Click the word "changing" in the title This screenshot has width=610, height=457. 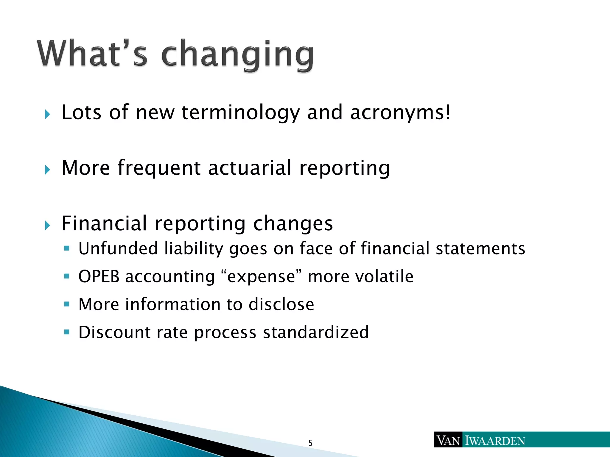point(237,55)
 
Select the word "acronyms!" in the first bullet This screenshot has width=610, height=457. point(400,113)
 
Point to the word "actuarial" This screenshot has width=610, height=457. point(250,168)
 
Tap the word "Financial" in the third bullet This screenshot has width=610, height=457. point(104,223)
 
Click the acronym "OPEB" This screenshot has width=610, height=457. point(99,276)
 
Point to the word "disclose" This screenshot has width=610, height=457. point(281,304)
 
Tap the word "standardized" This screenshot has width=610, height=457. point(316,332)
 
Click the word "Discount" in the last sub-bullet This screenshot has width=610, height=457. point(114,332)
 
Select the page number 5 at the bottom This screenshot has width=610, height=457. point(310,443)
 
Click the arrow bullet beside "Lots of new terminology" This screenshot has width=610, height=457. point(47,114)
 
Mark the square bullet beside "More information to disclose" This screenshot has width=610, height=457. point(67,304)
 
